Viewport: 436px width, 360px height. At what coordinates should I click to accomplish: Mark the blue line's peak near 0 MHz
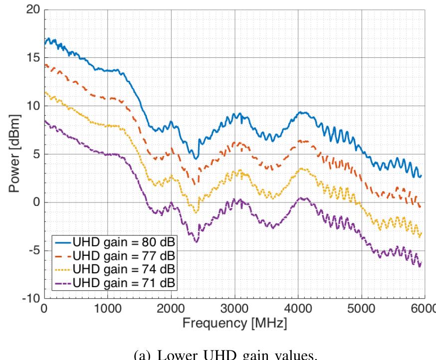(49, 38)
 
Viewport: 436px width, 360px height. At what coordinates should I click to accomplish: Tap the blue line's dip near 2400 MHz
(196, 159)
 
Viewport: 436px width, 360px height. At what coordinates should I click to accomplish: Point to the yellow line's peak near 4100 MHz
(302, 169)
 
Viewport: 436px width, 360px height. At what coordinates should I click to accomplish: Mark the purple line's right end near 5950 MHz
(421, 266)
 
